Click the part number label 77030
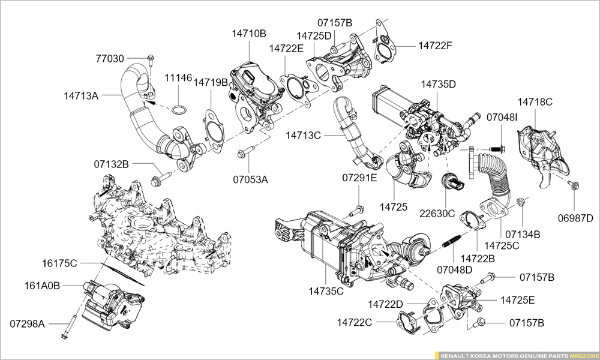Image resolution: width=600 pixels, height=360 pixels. tap(110, 59)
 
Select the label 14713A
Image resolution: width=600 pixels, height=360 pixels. tap(81, 95)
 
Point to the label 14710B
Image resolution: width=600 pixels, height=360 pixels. tap(249, 34)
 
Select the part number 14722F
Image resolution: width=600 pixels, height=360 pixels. tap(435, 45)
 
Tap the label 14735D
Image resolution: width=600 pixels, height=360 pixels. tap(438, 84)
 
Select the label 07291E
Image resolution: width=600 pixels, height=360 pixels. tap(360, 178)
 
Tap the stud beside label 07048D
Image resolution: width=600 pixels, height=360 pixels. tap(452, 245)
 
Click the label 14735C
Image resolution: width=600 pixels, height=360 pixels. tap(326, 292)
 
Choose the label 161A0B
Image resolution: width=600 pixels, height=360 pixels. tap(42, 286)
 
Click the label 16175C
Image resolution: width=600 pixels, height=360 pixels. tap(59, 263)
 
